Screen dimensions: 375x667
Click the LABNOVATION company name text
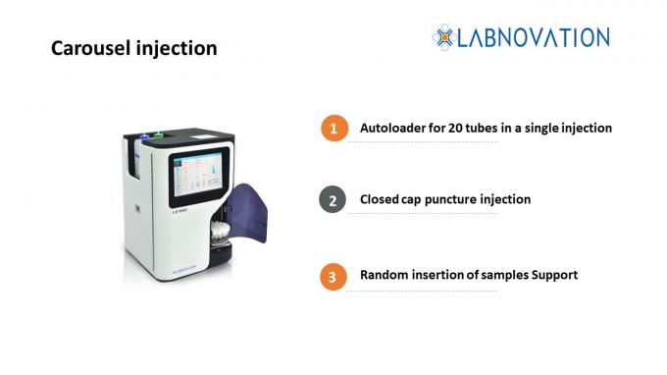pos(535,37)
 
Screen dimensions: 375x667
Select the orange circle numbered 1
pos(334,129)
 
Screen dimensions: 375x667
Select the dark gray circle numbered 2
pos(334,200)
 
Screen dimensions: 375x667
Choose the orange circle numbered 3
pos(334,276)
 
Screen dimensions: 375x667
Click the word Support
pos(552,275)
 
